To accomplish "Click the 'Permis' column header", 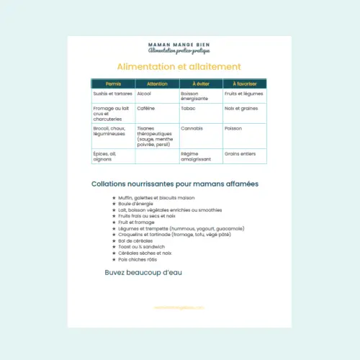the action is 113,84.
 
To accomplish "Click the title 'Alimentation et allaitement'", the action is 178,67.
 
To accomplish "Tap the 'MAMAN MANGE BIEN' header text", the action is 179,44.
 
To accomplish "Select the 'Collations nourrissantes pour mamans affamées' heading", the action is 175,184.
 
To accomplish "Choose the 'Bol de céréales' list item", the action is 137,240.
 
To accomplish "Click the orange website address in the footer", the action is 179,307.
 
